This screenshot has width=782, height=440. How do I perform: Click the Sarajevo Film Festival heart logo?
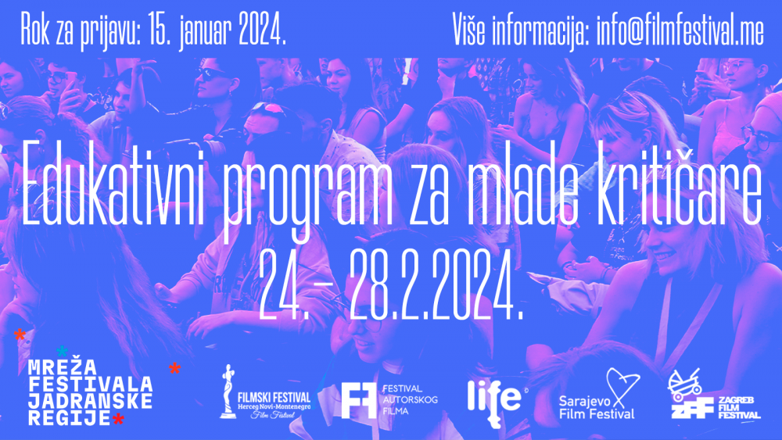622,387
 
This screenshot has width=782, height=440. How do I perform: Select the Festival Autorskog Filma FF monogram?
359,400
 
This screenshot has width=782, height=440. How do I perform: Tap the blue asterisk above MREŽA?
62,352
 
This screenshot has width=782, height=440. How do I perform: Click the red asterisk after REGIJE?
118,419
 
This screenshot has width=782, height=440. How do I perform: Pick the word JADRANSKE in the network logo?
90,401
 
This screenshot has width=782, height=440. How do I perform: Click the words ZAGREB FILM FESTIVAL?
739,408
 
